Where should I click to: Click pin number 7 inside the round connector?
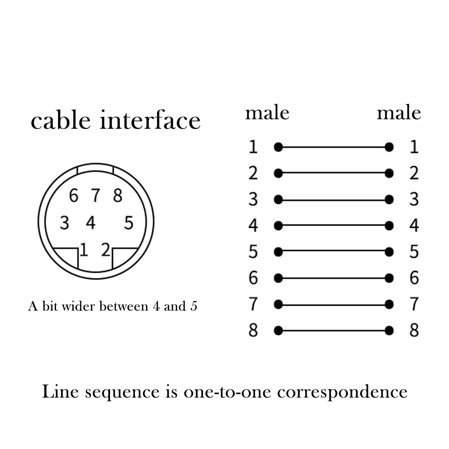(95, 195)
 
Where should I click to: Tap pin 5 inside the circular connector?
(129, 223)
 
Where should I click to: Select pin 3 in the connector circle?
(64, 223)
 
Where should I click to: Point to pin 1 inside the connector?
(84, 250)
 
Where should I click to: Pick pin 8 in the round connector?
(118, 195)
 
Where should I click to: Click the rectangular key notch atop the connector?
(95, 168)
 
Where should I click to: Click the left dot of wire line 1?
(278, 147)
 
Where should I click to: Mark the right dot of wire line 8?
(389, 331)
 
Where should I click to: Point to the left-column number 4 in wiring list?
(253, 225)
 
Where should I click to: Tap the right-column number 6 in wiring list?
(414, 278)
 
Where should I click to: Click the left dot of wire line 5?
(278, 252)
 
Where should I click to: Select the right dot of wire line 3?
(389, 200)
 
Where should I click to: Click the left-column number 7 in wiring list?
(253, 304)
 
